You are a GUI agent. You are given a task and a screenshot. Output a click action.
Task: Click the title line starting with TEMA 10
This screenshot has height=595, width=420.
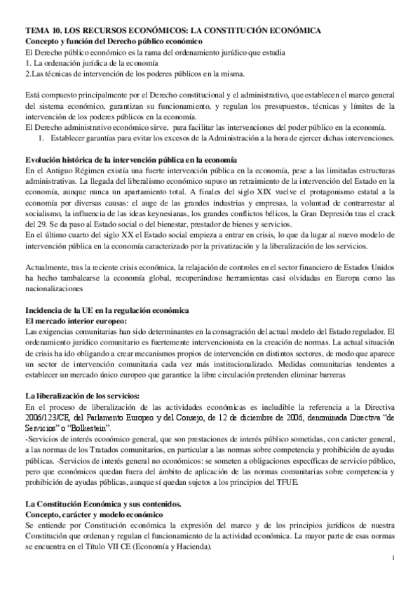(x=173, y=32)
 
